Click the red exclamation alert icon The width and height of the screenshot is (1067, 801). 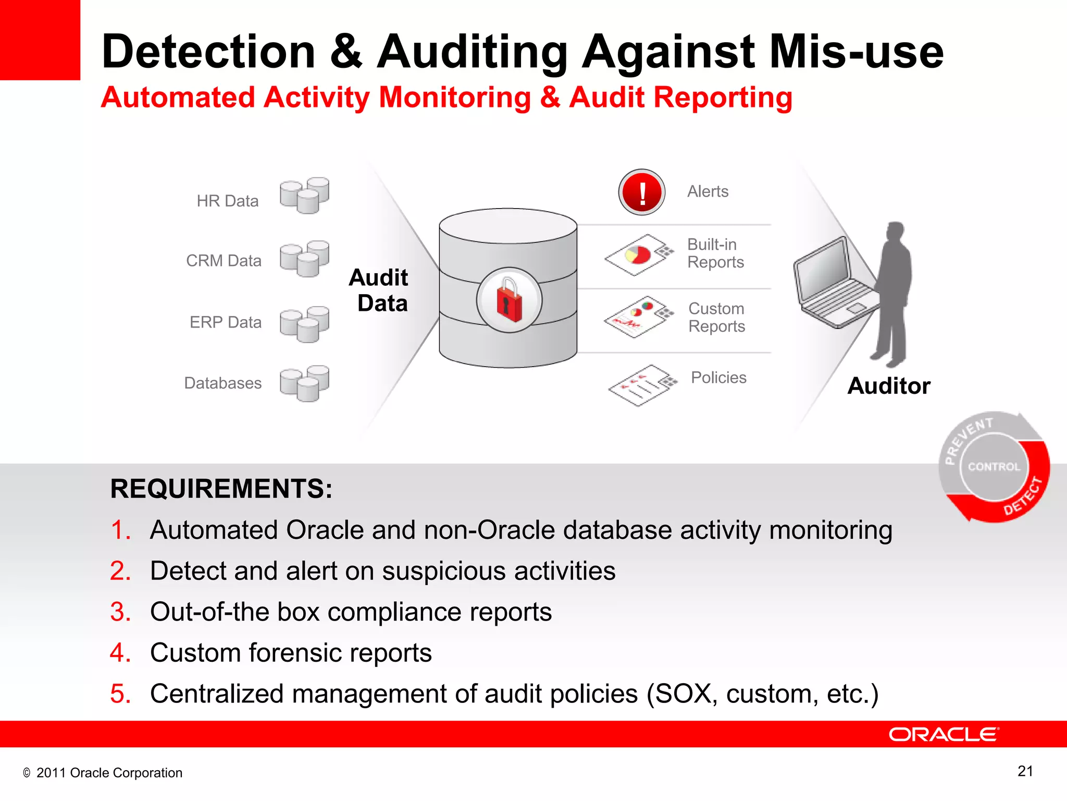pos(641,192)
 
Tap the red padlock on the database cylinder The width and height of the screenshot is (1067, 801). pos(509,300)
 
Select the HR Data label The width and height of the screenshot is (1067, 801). pos(228,201)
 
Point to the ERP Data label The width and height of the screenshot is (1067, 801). pos(226,322)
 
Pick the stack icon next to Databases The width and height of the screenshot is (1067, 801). pos(304,383)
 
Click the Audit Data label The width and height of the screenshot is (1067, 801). pos(379,290)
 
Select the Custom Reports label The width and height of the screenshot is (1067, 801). pos(716,317)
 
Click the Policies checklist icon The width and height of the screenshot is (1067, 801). pos(642,385)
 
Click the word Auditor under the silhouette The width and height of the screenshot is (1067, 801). pos(889,386)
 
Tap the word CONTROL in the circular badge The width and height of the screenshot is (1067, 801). pos(994,467)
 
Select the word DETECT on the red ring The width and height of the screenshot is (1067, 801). pos(1023,496)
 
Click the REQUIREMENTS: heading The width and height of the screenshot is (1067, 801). pos(221,489)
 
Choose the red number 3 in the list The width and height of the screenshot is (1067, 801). pos(120,612)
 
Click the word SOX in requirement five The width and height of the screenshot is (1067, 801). pos(683,694)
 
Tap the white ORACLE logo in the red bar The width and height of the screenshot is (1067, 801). pos(944,734)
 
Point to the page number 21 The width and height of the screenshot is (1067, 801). pos(1025,771)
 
